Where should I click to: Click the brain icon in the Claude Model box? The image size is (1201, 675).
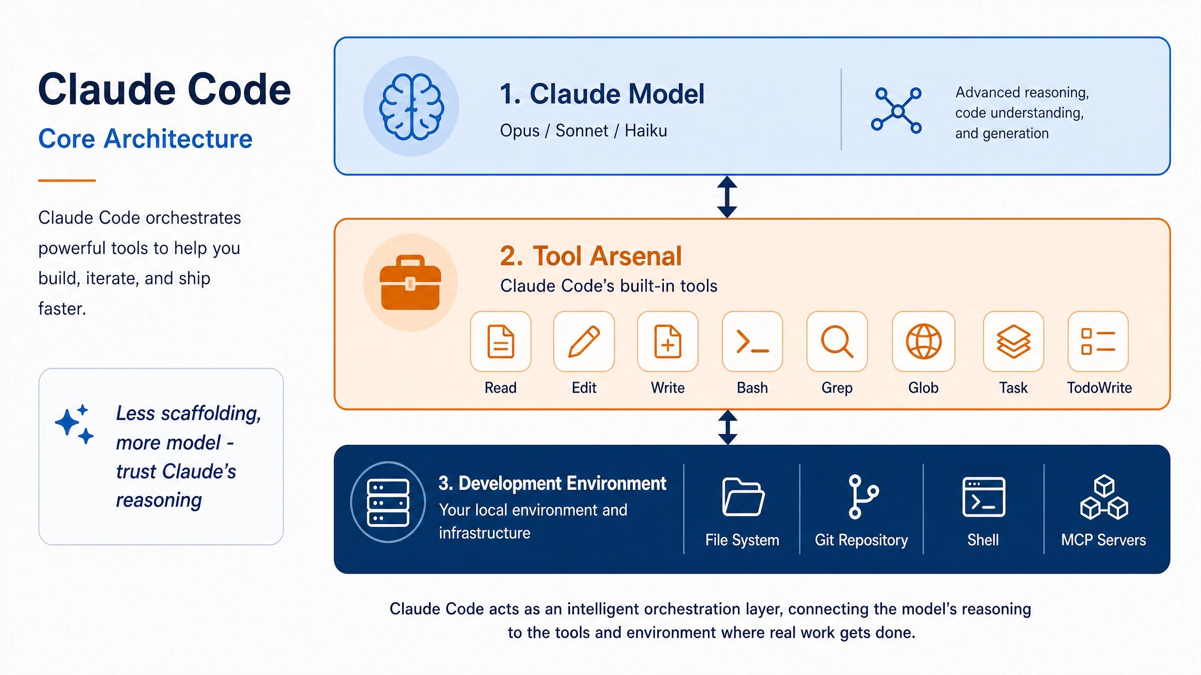click(x=411, y=107)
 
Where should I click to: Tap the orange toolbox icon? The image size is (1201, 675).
click(x=410, y=283)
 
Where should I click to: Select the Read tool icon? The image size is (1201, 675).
click(x=501, y=341)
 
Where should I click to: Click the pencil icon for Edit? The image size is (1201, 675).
click(x=584, y=341)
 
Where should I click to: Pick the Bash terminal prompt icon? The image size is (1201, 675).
click(x=753, y=341)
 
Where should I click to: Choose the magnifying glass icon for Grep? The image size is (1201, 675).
click(x=837, y=341)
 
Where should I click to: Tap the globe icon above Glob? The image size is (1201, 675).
click(x=923, y=341)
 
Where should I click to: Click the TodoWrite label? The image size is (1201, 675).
click(x=1099, y=388)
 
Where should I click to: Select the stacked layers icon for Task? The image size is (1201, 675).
click(x=1013, y=341)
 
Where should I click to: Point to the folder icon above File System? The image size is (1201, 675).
click(x=743, y=497)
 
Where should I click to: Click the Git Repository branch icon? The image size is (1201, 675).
click(x=862, y=497)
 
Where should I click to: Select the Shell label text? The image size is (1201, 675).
click(x=983, y=540)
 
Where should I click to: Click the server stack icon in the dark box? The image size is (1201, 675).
click(x=388, y=502)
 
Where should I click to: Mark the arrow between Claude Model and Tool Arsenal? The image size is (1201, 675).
click(x=727, y=197)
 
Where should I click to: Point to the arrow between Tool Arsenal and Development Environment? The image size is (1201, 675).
click(x=728, y=427)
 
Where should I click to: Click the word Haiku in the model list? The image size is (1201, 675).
click(x=646, y=130)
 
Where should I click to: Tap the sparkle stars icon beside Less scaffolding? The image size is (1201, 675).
click(x=74, y=424)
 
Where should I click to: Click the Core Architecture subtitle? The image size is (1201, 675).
click(x=145, y=139)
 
